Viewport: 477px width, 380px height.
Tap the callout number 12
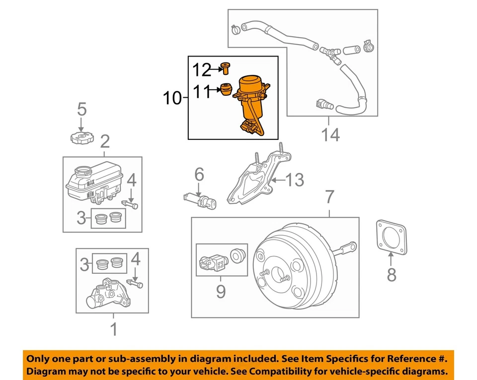point(202,70)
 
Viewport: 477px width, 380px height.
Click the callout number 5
point(81,109)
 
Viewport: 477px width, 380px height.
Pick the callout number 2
point(104,143)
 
